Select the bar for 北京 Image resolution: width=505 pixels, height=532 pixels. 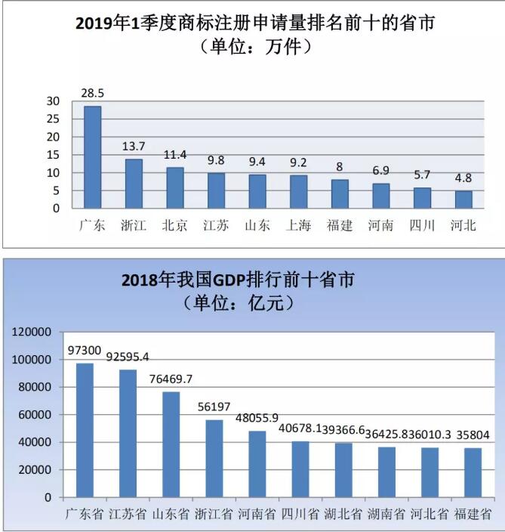(x=175, y=188)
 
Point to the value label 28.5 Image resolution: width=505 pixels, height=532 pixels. (x=92, y=94)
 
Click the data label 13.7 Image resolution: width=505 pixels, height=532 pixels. (x=134, y=146)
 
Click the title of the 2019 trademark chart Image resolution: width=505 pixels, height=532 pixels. (x=255, y=23)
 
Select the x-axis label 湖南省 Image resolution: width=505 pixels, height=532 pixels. (x=385, y=515)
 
